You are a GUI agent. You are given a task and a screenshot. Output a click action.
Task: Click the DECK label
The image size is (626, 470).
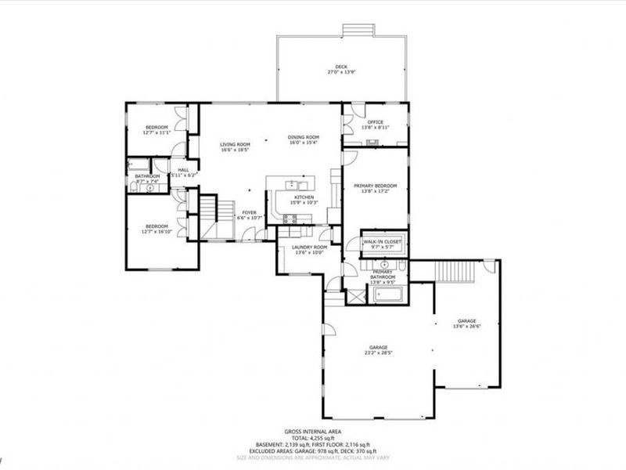coord(341,67)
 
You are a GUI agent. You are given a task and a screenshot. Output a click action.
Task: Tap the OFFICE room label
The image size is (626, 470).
coord(376,122)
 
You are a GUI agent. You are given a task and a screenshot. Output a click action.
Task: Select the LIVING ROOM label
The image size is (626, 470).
coord(235,144)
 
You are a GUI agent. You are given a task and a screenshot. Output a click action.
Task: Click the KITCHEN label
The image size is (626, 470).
coord(304,197)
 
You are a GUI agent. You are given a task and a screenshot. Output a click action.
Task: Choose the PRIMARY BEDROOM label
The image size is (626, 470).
coord(376,186)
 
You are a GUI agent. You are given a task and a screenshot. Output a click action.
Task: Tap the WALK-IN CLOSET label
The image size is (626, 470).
coord(381,242)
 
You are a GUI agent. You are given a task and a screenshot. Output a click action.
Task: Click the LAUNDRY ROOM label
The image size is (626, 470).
coord(297,248)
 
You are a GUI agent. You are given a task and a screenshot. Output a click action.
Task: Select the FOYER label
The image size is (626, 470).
coord(249,211)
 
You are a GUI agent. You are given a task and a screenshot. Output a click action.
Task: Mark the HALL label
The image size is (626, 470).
coord(183,169)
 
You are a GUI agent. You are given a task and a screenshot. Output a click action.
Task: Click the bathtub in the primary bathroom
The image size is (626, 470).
coord(388,295)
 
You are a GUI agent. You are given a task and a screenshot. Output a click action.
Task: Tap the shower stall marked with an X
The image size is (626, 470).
coord(355,295)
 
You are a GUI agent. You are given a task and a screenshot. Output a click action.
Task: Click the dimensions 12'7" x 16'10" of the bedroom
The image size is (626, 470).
coord(156,232)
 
